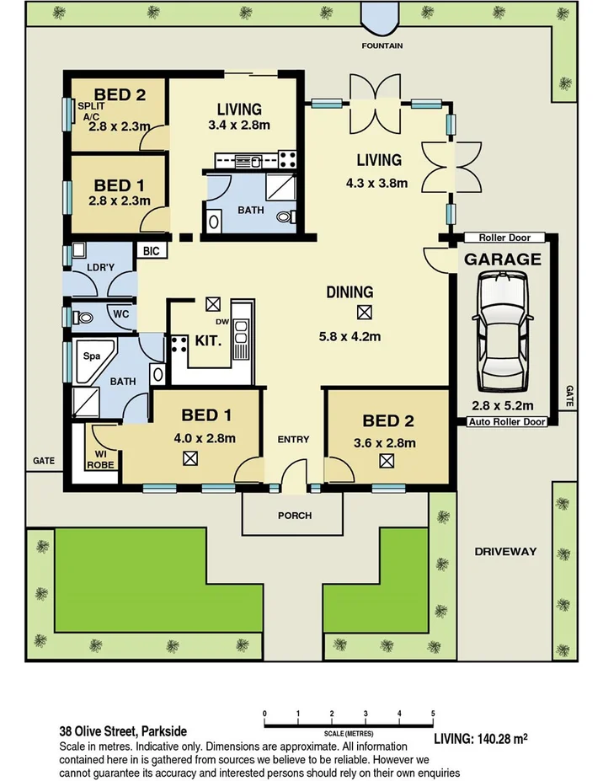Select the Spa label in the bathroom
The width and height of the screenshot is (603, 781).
[x=91, y=356]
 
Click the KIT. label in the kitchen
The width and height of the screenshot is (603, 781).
[x=208, y=341]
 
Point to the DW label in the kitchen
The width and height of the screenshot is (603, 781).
[x=221, y=322]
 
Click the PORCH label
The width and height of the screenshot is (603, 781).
[x=294, y=515]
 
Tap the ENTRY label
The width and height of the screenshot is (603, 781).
[x=293, y=439]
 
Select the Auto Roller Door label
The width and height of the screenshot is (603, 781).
[x=507, y=421]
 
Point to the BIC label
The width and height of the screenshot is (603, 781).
[x=152, y=250]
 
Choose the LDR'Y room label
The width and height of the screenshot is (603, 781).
[x=100, y=268]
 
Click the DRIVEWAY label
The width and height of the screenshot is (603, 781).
[x=505, y=551]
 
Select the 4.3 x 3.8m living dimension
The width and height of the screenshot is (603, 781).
[x=376, y=183]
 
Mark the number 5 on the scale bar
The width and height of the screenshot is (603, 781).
[x=433, y=714]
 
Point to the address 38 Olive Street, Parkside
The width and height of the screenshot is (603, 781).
[x=123, y=730]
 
